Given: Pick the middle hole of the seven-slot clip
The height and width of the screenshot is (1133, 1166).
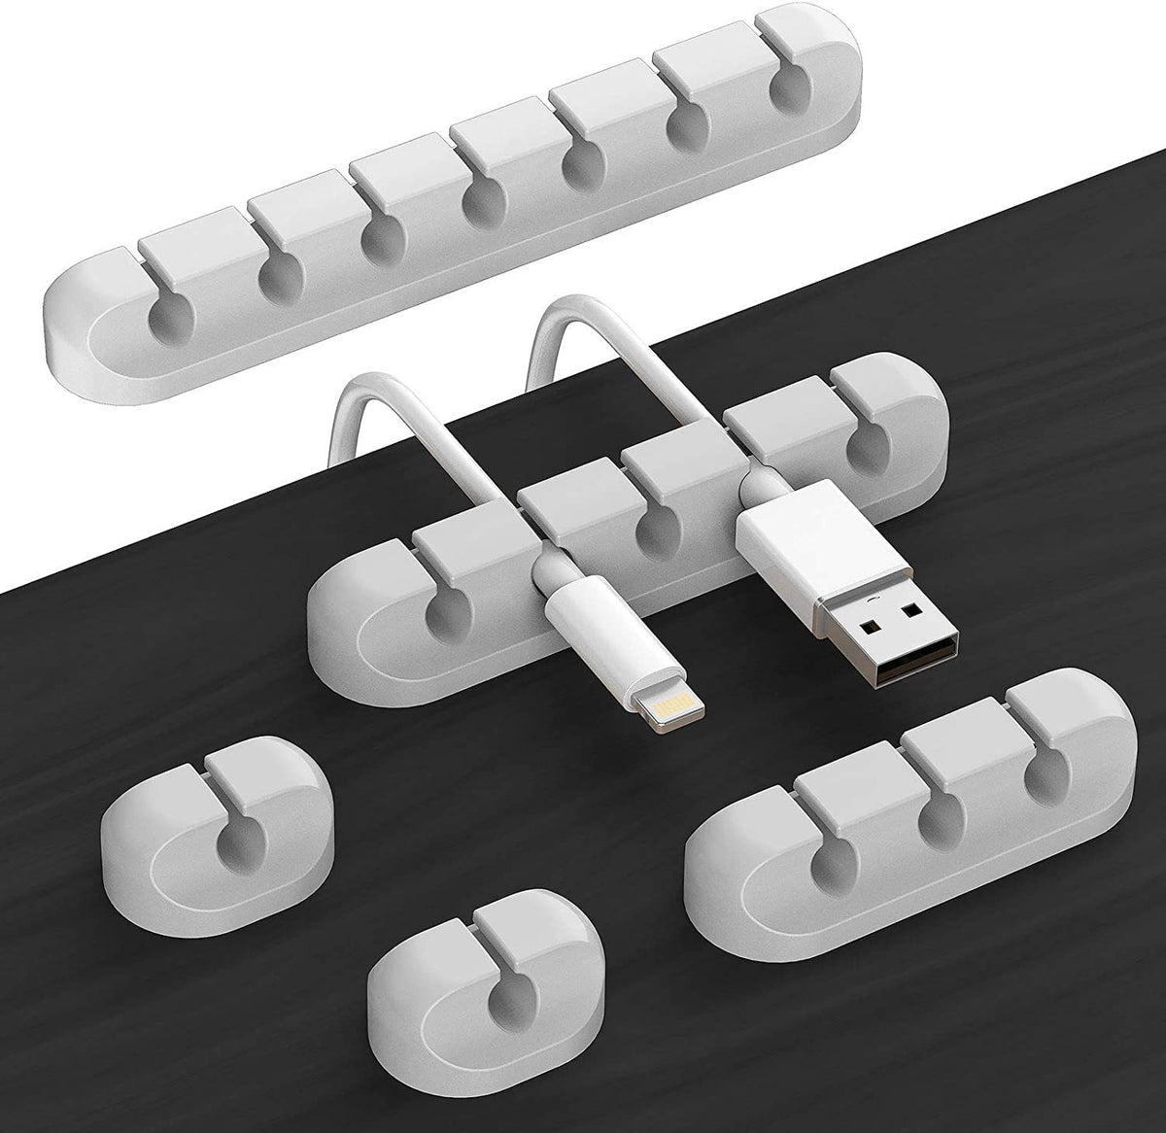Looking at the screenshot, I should coord(484,200).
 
